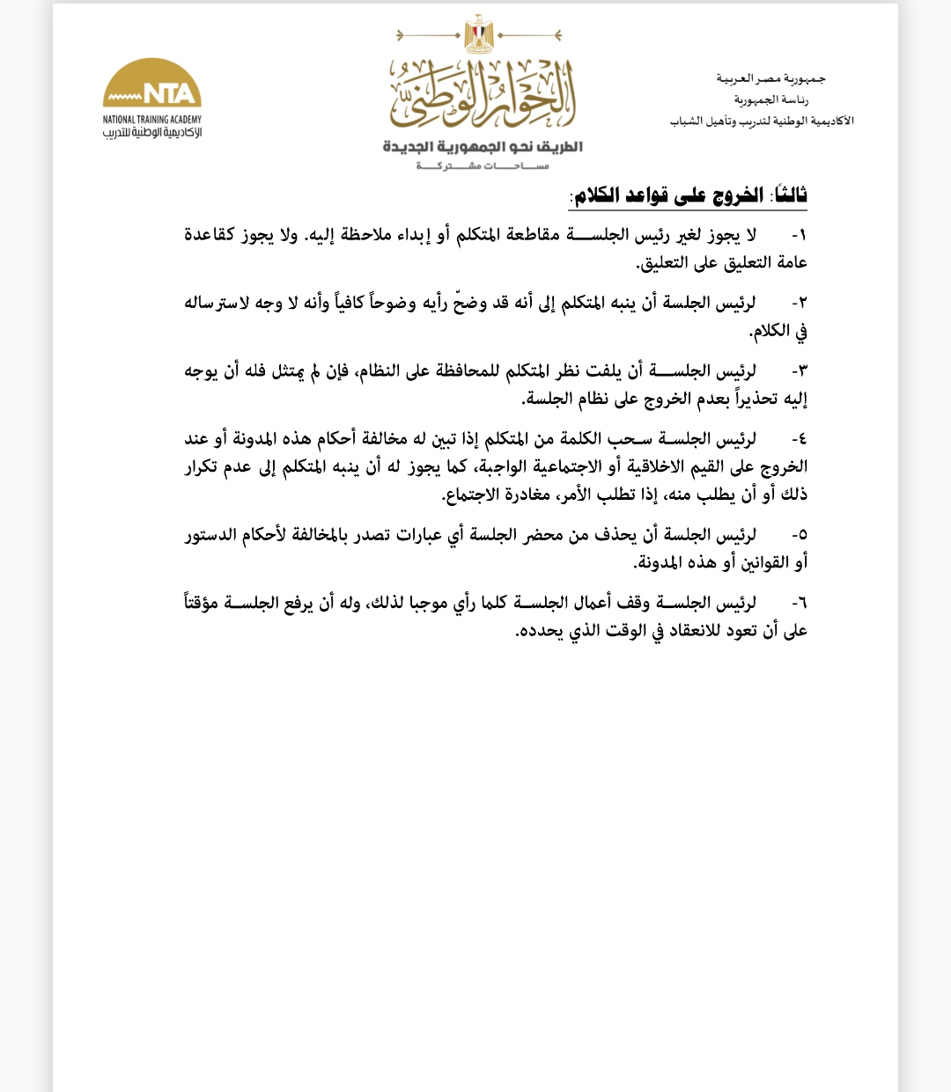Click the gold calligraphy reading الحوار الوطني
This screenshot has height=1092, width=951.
pyautogui.click(x=483, y=94)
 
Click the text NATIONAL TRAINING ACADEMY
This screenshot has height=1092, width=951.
pyautogui.click(x=152, y=120)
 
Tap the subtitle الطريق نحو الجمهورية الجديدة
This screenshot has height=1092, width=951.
pyautogui.click(x=483, y=146)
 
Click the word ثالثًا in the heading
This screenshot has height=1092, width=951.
pyautogui.click(x=788, y=195)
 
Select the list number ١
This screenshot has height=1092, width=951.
pyautogui.click(x=799, y=235)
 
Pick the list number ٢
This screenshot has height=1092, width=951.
pyautogui.click(x=799, y=303)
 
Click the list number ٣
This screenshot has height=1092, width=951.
pyautogui.click(x=799, y=371)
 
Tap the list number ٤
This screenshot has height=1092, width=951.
pyautogui.click(x=799, y=438)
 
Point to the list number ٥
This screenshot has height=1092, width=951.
pyautogui.click(x=799, y=534)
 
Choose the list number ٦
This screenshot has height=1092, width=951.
pyautogui.click(x=799, y=603)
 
